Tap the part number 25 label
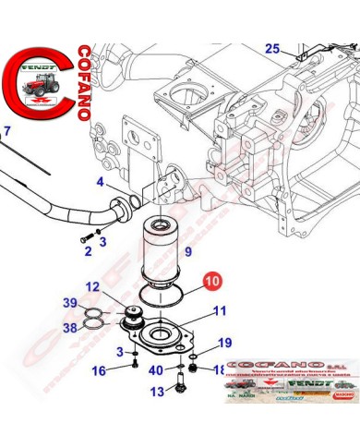pyautogui.click(x=271, y=48)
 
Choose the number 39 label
pyautogui.click(x=71, y=304)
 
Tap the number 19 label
pyautogui.click(x=224, y=344)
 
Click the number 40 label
pyautogui.click(x=158, y=370)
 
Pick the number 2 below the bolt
pyautogui.click(x=88, y=250)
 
